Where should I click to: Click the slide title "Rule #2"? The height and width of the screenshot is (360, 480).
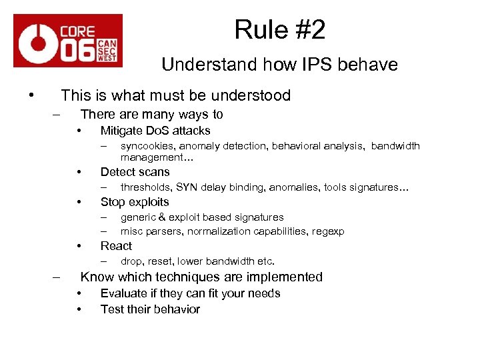[x=279, y=29]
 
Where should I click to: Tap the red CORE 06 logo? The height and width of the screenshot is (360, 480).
[x=68, y=41]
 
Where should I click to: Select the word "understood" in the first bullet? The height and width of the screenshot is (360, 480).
[x=254, y=95]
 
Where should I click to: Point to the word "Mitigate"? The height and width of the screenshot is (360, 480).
[x=121, y=131]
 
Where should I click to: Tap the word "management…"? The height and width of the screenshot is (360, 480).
[x=151, y=157]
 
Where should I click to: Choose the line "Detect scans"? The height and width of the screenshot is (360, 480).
[x=135, y=172]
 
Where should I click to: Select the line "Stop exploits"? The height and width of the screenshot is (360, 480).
[x=135, y=202]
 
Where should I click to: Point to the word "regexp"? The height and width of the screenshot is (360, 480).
[x=329, y=231]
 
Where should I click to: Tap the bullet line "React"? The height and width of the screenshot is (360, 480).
[x=116, y=245]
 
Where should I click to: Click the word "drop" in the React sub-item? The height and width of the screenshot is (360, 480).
[x=130, y=261]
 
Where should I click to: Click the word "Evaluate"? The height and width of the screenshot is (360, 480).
[x=123, y=293]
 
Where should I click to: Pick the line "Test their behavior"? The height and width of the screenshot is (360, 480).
[x=150, y=309]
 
